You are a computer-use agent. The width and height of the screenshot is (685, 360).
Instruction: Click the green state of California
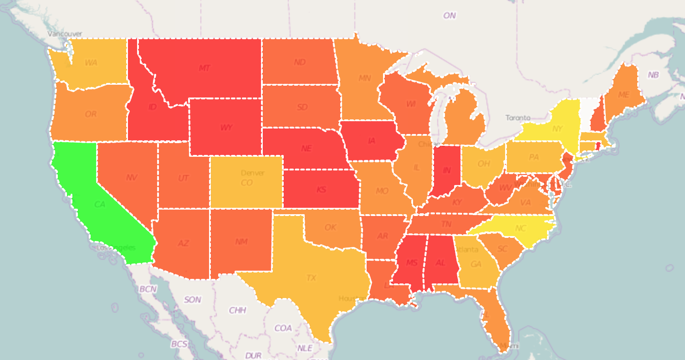tap(100, 205)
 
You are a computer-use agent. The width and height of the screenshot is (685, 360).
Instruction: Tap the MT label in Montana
tap(204, 68)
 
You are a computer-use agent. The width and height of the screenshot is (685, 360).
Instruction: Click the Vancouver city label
tap(65, 34)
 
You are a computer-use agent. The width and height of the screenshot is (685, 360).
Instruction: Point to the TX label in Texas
tap(312, 278)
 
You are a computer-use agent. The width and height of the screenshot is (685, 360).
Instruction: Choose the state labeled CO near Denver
tap(246, 183)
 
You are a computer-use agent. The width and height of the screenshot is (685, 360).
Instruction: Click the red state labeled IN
tap(447, 170)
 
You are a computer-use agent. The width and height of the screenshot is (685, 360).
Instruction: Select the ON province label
tap(450, 15)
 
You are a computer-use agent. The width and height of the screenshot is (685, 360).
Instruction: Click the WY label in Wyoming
tap(226, 128)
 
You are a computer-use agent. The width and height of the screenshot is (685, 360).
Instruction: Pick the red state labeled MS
tap(412, 263)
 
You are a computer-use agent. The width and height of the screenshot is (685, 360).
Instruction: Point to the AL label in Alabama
tap(440, 263)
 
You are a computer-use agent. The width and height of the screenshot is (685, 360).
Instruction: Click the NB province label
tap(653, 75)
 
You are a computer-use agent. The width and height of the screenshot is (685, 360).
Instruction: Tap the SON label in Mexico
tap(192, 300)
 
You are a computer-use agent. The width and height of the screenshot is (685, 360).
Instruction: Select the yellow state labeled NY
tap(557, 129)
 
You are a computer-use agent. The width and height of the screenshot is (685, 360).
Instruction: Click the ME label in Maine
tap(624, 95)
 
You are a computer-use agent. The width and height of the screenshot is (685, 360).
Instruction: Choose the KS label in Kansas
tap(322, 190)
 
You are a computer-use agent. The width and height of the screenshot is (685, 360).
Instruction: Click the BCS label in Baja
tap(179, 344)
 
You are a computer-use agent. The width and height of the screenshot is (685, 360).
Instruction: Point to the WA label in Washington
tap(91, 62)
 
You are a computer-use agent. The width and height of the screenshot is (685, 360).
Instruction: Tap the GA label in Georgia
tap(476, 264)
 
